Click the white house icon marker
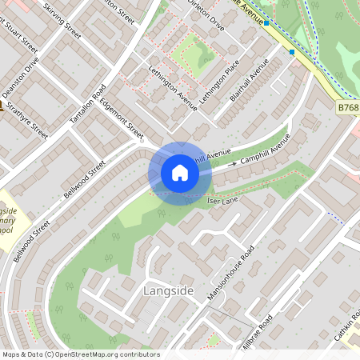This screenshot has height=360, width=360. [x=180, y=173]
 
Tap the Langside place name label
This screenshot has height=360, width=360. [x=168, y=291]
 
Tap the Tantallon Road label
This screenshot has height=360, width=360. [x=88, y=103]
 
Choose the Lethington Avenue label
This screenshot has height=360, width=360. [x=173, y=88]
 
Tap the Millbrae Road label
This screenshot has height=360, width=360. [x=256, y=332]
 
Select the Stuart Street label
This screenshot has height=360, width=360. [x=19, y=48]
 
